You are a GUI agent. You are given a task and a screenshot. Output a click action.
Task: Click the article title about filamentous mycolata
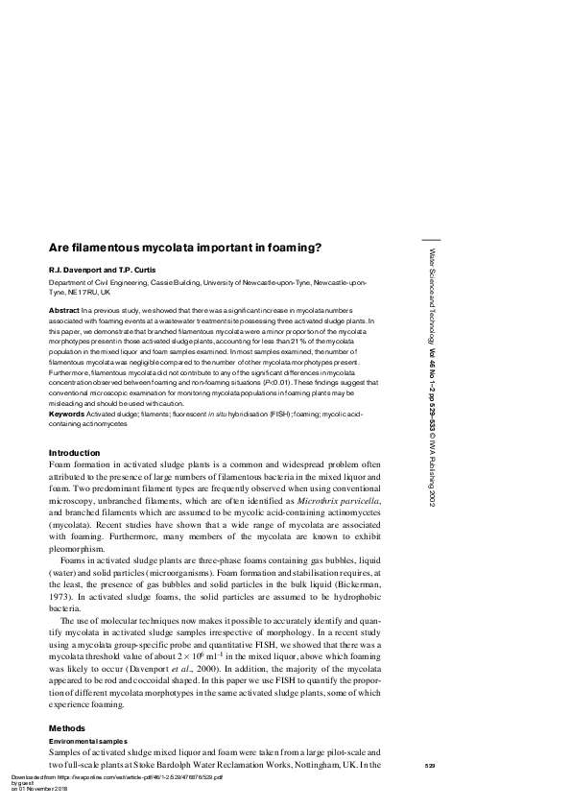185,247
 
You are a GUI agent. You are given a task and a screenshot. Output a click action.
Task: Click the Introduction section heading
74,452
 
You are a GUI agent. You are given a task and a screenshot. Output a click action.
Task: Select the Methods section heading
65,727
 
